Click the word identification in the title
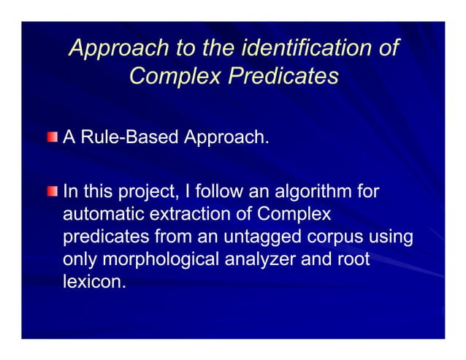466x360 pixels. click(301, 48)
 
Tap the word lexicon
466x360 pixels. click(94, 282)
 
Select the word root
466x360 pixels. click(351, 260)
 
